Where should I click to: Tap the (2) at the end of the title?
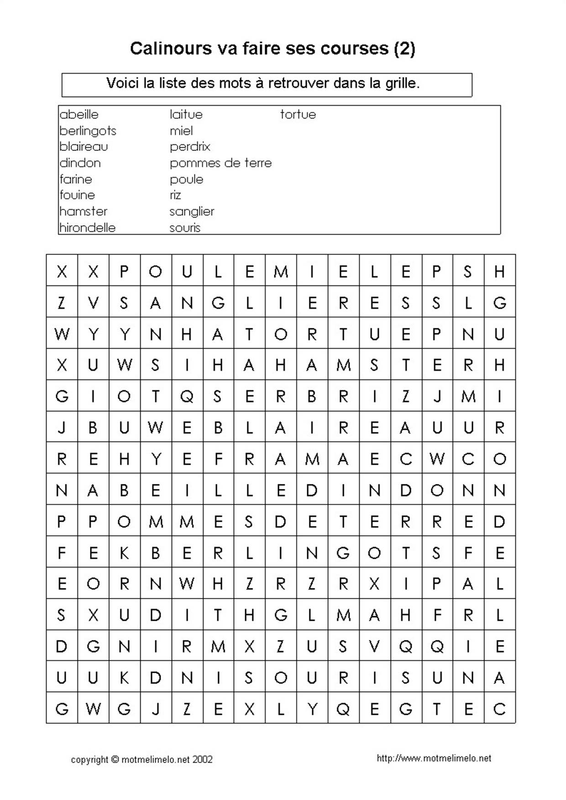click(x=404, y=48)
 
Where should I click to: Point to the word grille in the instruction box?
click(x=401, y=83)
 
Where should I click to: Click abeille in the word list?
click(x=79, y=114)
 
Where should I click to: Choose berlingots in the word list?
click(x=88, y=131)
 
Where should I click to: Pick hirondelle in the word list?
click(x=87, y=228)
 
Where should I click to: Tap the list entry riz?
click(x=175, y=195)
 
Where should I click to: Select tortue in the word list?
click(x=298, y=114)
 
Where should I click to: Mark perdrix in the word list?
click(x=190, y=147)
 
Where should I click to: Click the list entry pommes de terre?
click(x=220, y=163)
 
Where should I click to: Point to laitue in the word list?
click(x=186, y=114)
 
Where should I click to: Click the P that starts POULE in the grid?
click(x=124, y=272)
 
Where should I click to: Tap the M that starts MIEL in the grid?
click(x=281, y=272)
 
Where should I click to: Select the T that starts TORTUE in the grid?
click(x=249, y=334)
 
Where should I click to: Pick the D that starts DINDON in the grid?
click(x=312, y=490)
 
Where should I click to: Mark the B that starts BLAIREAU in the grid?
click(x=218, y=428)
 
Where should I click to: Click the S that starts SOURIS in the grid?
click(x=249, y=678)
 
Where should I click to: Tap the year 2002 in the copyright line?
click(x=202, y=759)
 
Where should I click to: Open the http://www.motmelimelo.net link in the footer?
click(x=434, y=758)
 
